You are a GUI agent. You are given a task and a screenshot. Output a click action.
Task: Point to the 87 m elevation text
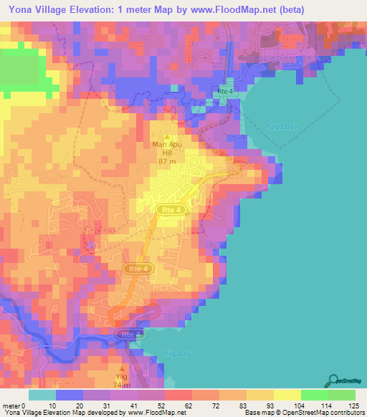[x=168, y=161]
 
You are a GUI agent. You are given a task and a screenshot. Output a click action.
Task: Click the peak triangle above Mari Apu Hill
[x=167, y=137]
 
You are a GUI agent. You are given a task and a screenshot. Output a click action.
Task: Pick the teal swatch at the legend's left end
[x=42, y=395]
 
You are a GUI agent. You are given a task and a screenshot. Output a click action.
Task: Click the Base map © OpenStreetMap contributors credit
[x=303, y=412]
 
